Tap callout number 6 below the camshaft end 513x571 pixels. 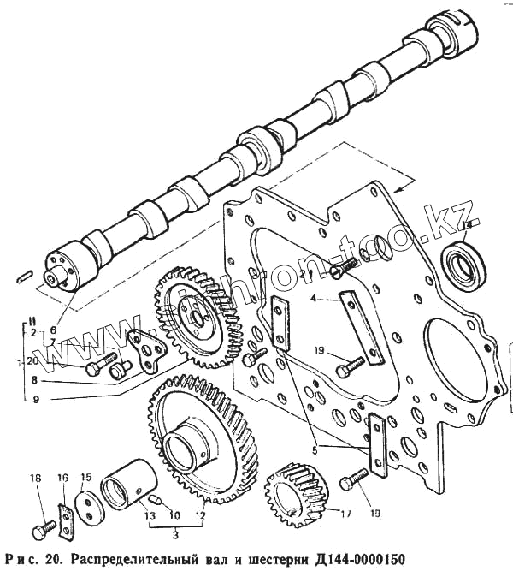[x=53, y=328]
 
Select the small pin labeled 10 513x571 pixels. [x=153, y=499]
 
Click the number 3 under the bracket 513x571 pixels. [x=175, y=537]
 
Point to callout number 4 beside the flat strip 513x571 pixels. [x=314, y=299]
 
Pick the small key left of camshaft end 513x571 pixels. [x=25, y=276]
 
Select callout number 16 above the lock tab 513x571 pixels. [x=62, y=478]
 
